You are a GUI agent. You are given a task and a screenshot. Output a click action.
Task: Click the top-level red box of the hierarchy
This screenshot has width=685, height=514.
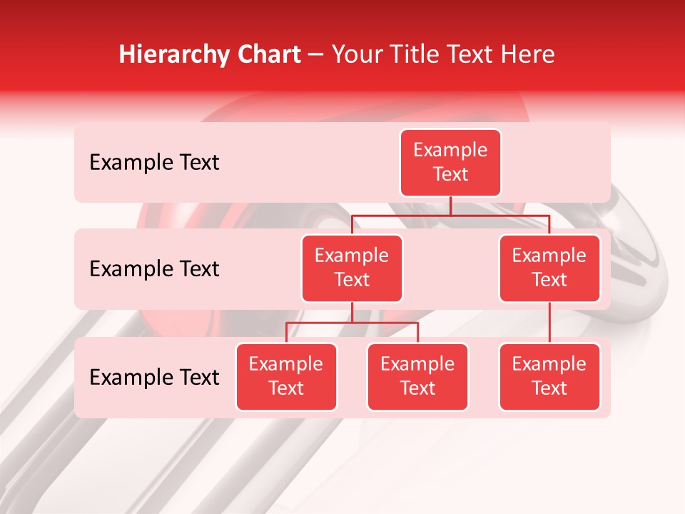coord(450,162)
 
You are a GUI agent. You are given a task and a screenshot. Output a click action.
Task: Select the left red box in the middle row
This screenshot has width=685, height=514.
coord(352,268)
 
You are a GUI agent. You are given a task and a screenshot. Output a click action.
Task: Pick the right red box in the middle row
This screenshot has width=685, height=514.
coord(549,268)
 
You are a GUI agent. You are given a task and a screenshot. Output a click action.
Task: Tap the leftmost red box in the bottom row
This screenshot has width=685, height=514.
coord(286,376)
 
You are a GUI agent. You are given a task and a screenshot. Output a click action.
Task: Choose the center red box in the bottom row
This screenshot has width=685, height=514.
coord(417,376)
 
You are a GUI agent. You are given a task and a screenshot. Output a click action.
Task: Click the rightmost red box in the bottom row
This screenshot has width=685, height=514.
coord(549,376)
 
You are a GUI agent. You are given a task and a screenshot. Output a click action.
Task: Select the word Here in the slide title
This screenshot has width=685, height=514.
coord(528,54)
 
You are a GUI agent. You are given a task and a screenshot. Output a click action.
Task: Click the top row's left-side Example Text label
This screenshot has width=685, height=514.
coord(154,163)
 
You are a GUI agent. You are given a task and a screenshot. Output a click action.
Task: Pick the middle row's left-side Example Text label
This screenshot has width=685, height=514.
coord(154,269)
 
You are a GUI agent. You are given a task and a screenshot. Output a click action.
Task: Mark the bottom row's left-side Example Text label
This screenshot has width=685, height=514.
coord(154,378)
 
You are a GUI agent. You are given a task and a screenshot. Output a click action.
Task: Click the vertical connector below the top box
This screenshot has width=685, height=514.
coord(450,206)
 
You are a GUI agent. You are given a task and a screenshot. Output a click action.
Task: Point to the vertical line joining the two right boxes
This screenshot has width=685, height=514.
coord(549,323)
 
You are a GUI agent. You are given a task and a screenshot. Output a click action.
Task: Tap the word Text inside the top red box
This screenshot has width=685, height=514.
coord(450,174)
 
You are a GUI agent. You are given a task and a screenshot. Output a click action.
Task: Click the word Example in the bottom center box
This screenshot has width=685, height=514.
coord(417,364)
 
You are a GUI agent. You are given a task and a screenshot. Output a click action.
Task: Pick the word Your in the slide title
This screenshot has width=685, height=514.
coord(355,54)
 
